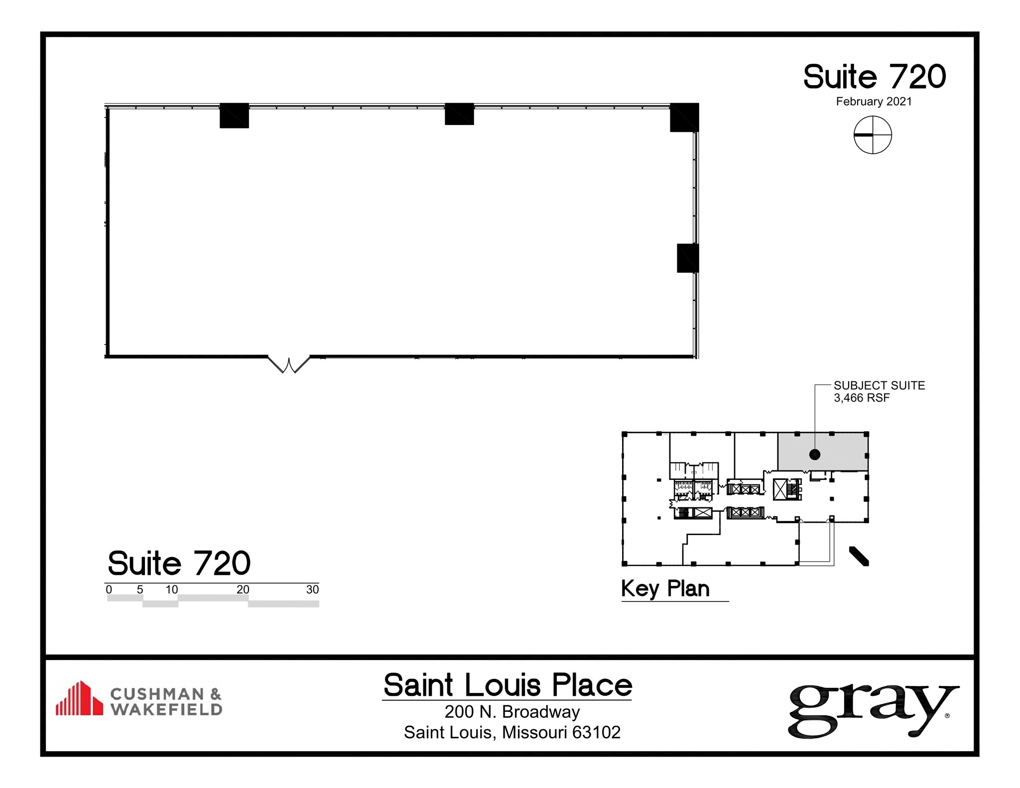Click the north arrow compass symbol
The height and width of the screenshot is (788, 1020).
(x=873, y=135)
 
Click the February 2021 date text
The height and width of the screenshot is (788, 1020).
(x=874, y=102)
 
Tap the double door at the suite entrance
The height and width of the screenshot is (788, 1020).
(x=289, y=364)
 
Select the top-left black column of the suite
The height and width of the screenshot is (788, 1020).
(x=234, y=115)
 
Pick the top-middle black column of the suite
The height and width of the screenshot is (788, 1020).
(x=459, y=114)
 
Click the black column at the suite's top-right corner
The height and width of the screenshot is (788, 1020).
(x=684, y=117)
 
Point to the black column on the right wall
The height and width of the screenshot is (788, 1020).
(x=687, y=258)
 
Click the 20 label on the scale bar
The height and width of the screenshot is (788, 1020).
(x=243, y=589)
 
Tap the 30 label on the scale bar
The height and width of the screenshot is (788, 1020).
(x=312, y=589)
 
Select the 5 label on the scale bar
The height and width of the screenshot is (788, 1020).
(x=140, y=589)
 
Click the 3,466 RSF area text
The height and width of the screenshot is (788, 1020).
(x=862, y=398)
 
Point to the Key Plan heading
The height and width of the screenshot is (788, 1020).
(x=665, y=588)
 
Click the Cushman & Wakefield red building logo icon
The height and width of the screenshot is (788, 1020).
(x=79, y=698)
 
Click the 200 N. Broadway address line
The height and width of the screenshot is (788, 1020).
(x=512, y=712)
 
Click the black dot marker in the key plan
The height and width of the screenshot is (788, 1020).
(x=815, y=454)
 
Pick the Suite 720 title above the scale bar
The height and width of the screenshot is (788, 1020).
(x=179, y=563)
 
